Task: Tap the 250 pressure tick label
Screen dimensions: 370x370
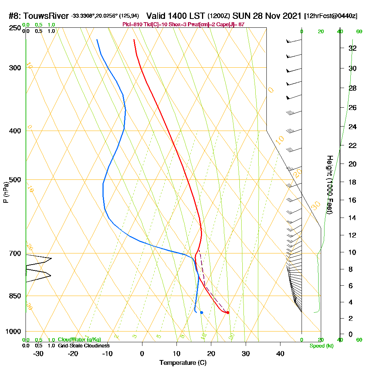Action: (x=14, y=28)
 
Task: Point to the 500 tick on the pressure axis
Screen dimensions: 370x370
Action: (x=14, y=180)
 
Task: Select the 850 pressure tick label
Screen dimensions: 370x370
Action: (x=14, y=296)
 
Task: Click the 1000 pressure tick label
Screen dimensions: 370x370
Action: (x=13, y=332)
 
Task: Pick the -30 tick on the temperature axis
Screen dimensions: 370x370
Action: (x=38, y=353)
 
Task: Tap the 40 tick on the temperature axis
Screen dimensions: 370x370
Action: (x=280, y=353)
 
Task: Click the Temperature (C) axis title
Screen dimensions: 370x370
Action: (x=183, y=363)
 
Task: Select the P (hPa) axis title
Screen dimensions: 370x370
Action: (x=6, y=192)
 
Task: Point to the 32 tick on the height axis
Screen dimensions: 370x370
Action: (x=352, y=48)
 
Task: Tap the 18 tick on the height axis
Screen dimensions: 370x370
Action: (x=352, y=182)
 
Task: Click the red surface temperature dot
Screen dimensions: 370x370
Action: (x=228, y=313)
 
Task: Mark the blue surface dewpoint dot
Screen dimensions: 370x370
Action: (x=202, y=313)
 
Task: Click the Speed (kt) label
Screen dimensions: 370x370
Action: (x=322, y=346)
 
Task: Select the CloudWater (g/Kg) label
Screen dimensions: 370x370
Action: (x=79, y=340)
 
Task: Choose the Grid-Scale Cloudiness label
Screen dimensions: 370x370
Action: (x=84, y=346)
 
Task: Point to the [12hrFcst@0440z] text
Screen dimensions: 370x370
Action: (x=331, y=16)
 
